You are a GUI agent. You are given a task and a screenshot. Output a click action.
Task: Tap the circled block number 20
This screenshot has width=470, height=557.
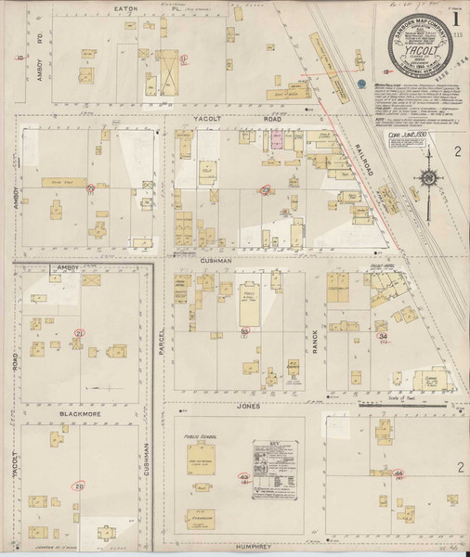[x=80, y=486]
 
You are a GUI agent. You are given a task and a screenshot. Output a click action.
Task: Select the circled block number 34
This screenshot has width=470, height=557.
[x=383, y=335]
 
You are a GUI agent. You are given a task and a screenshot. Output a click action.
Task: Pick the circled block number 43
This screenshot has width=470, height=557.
[x=244, y=476]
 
